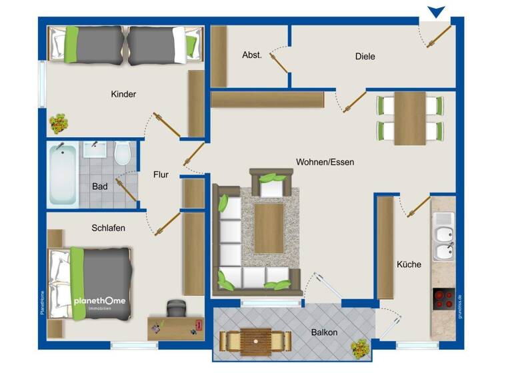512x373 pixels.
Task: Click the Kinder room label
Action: tap(123, 95)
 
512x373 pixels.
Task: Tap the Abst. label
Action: tap(251, 56)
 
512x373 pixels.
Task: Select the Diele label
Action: tap(365, 57)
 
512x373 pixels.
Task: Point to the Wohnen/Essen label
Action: tap(325, 162)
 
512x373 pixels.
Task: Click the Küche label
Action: tap(409, 264)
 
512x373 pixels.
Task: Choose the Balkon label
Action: tap(324, 332)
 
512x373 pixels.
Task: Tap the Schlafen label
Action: tap(108, 228)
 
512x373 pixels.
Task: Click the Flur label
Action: tap(161, 175)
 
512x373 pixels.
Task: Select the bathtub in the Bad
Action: tap(63, 174)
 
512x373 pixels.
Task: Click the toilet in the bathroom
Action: tap(122, 154)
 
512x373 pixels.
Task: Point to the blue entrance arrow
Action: tap(437, 11)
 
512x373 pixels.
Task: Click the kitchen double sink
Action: tap(443, 236)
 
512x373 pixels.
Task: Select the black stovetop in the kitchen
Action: tap(444, 298)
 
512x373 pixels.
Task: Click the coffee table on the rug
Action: tap(269, 228)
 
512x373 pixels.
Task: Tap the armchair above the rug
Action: tap(271, 183)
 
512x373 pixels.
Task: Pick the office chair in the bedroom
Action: tap(175, 308)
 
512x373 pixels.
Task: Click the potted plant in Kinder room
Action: tap(59, 123)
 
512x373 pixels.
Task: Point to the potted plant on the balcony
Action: tap(360, 347)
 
